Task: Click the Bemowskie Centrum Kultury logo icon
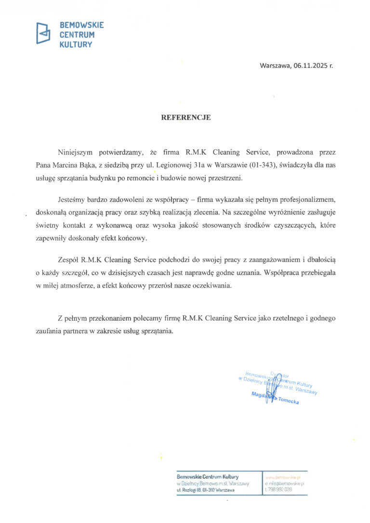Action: click(43, 33)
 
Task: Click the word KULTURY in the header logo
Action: click(75, 44)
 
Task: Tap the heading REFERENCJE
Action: click(185, 117)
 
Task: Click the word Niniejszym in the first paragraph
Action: click(76, 153)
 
